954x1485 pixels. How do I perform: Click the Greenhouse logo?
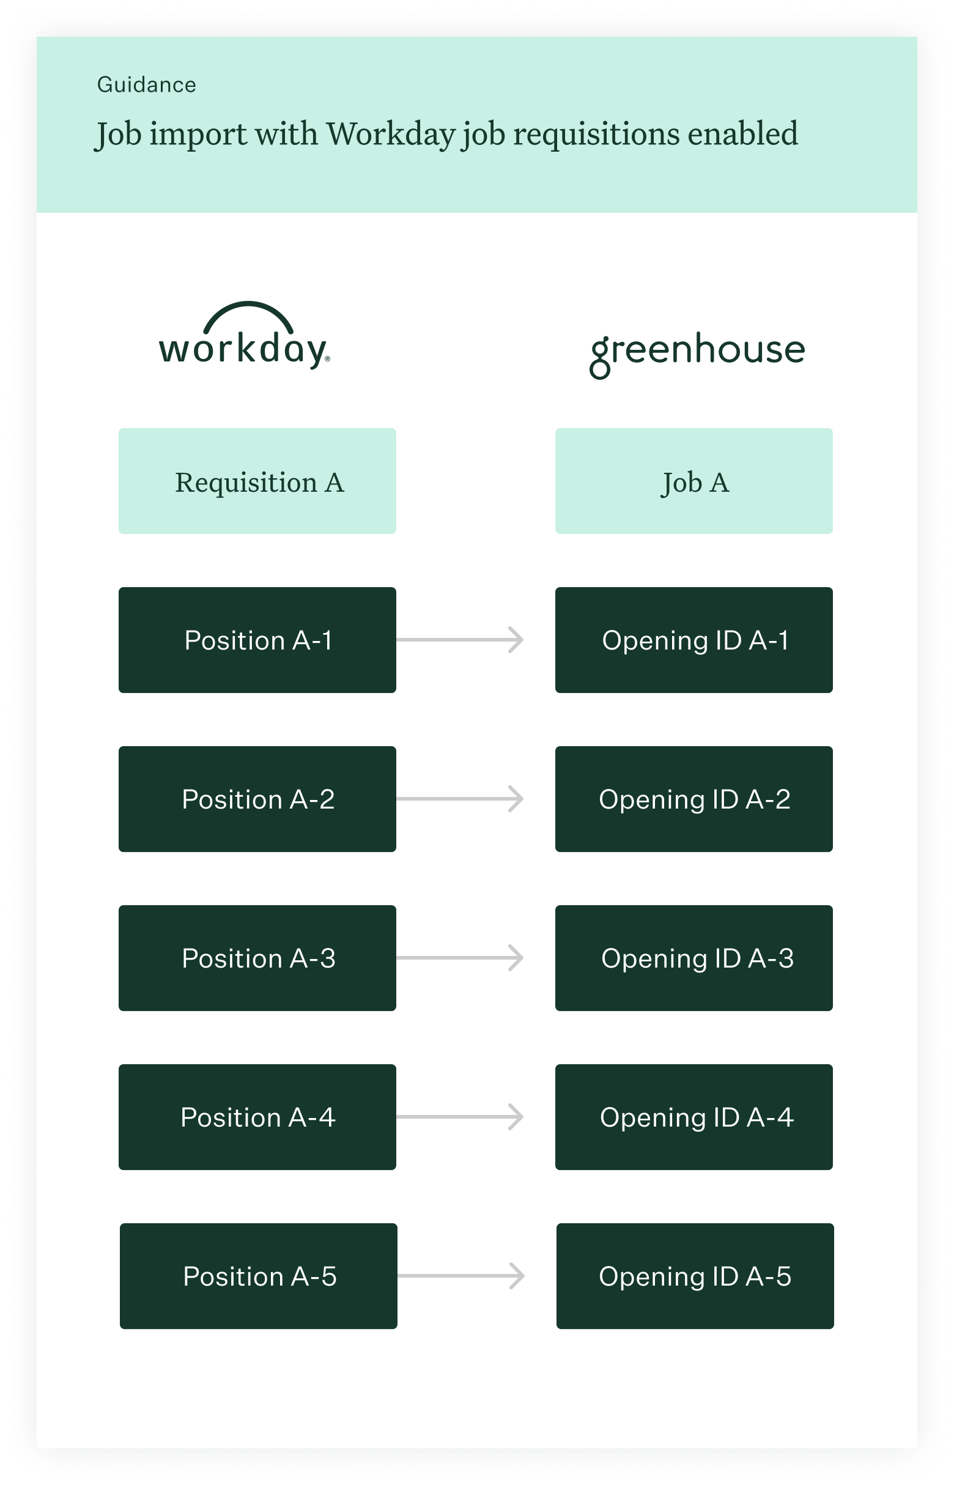(x=697, y=354)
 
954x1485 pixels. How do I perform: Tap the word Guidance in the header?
(x=146, y=84)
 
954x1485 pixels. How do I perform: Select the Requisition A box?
(x=257, y=481)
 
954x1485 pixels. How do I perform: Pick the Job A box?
(x=694, y=481)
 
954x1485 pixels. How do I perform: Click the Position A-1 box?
(x=257, y=640)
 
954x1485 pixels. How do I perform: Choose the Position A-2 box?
(x=257, y=799)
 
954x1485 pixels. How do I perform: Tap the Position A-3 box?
(x=257, y=958)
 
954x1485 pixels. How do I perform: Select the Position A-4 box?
(x=257, y=1117)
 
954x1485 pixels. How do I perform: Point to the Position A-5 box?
(x=258, y=1276)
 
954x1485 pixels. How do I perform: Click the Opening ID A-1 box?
(x=694, y=640)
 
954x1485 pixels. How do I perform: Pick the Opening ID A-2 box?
(x=694, y=799)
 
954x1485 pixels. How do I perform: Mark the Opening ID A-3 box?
(x=694, y=958)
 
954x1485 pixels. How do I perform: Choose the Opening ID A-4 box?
(x=694, y=1117)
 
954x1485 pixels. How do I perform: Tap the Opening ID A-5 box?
(x=695, y=1276)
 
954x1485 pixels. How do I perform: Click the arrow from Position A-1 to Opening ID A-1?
(x=460, y=640)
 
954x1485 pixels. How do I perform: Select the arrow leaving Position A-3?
(x=460, y=958)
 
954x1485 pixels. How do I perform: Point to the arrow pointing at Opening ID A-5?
(x=462, y=1276)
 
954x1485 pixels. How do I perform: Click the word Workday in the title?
(x=390, y=135)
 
